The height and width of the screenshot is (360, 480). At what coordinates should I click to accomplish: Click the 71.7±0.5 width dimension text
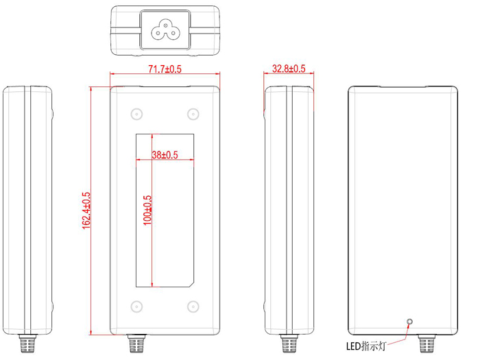(x=165, y=69)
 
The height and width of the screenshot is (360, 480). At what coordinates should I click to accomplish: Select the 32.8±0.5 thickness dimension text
(x=289, y=69)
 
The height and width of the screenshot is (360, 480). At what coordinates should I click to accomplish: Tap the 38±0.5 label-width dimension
(x=164, y=156)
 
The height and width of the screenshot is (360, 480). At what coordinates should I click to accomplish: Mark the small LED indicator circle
(x=410, y=322)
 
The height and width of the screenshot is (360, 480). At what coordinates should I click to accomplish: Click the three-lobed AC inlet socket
(x=165, y=29)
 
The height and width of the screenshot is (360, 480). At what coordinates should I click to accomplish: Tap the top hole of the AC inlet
(x=165, y=23)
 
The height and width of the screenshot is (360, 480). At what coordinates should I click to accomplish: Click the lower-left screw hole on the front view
(x=136, y=307)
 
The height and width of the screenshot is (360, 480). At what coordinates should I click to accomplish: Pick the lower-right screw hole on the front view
(x=193, y=307)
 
